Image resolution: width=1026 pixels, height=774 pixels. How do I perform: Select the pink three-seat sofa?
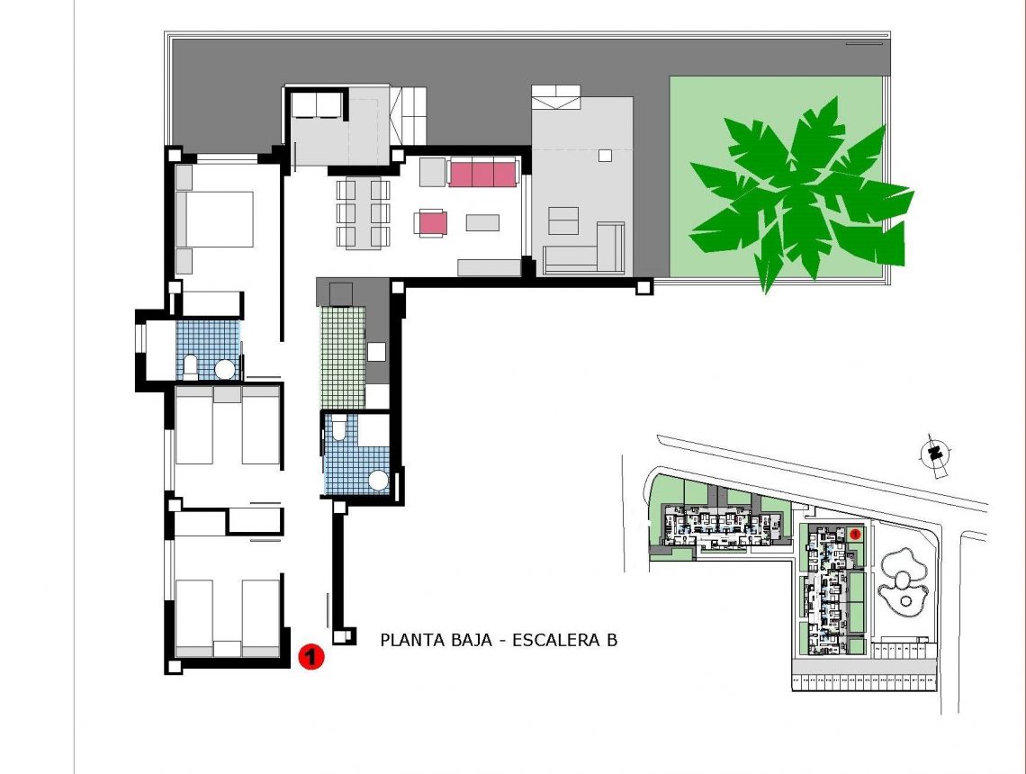click(482, 172)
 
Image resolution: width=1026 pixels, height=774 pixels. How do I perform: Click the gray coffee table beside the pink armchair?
click(482, 221)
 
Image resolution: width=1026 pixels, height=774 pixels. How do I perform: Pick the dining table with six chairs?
click(363, 213)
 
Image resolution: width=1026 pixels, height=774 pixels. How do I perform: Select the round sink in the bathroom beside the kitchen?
click(380, 481)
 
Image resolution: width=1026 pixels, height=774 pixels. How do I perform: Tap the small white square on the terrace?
click(605, 155)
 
